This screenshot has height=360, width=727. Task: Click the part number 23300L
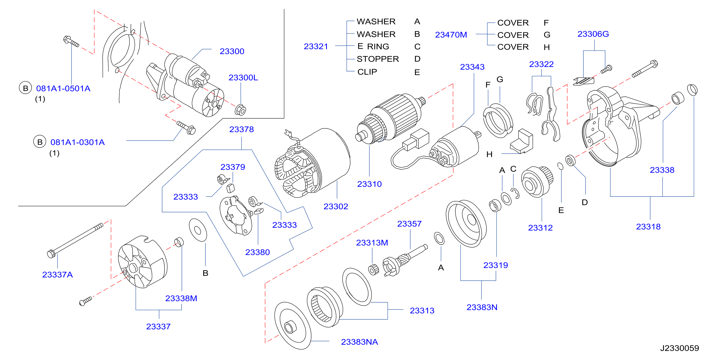243,78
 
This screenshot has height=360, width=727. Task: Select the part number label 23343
472,67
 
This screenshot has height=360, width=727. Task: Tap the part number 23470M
451,35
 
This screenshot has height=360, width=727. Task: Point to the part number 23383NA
359,342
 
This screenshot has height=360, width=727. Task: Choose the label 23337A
57,275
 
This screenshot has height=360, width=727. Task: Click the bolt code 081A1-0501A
63,89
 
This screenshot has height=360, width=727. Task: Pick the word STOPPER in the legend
378,59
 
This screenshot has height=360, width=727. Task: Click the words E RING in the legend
373,46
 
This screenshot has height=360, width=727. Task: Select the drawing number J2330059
679,348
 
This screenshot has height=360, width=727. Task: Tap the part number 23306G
593,34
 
